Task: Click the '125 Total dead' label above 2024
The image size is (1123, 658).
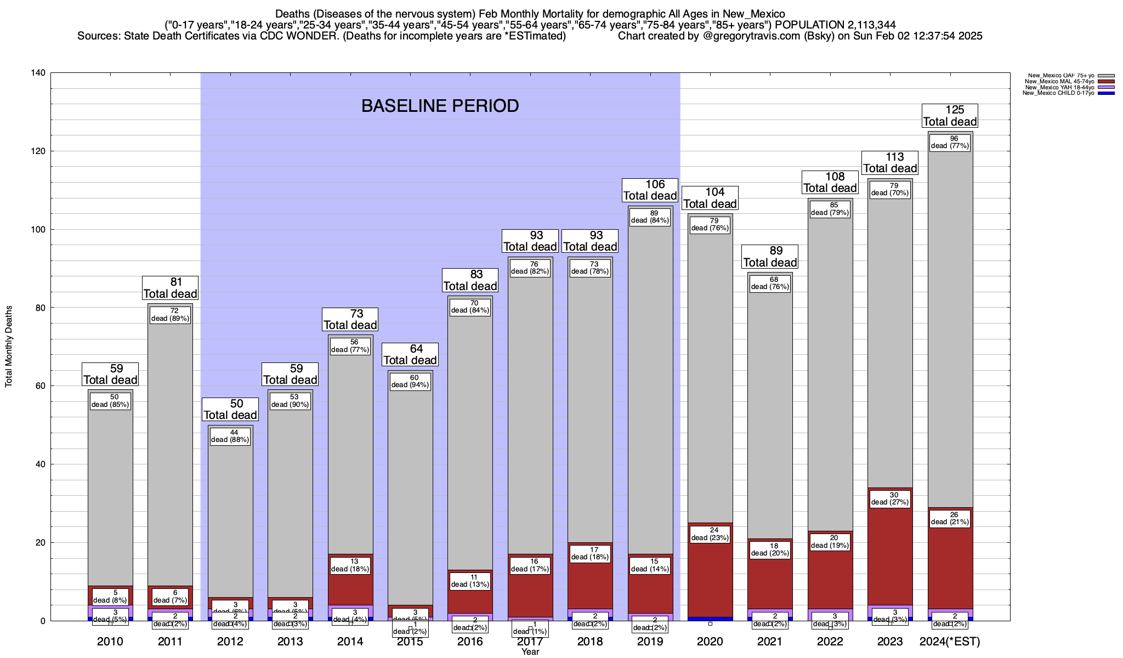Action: coord(950,116)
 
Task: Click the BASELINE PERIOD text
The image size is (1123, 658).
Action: coord(440,106)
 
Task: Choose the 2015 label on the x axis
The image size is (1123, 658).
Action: coord(410,642)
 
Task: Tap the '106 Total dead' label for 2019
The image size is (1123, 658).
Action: coord(650,190)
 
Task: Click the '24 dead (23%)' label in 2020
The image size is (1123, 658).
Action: coord(710,534)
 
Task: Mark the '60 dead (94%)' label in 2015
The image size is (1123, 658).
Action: coord(410,381)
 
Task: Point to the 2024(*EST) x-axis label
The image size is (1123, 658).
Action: coord(950,642)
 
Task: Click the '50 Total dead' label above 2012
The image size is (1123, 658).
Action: coord(230,410)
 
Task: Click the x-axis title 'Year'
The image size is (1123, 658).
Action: coord(530,652)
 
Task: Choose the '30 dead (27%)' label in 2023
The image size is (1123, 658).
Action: coord(890,498)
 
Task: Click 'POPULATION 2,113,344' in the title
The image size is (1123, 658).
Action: coord(835,25)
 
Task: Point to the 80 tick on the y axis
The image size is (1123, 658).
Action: coord(41,308)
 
